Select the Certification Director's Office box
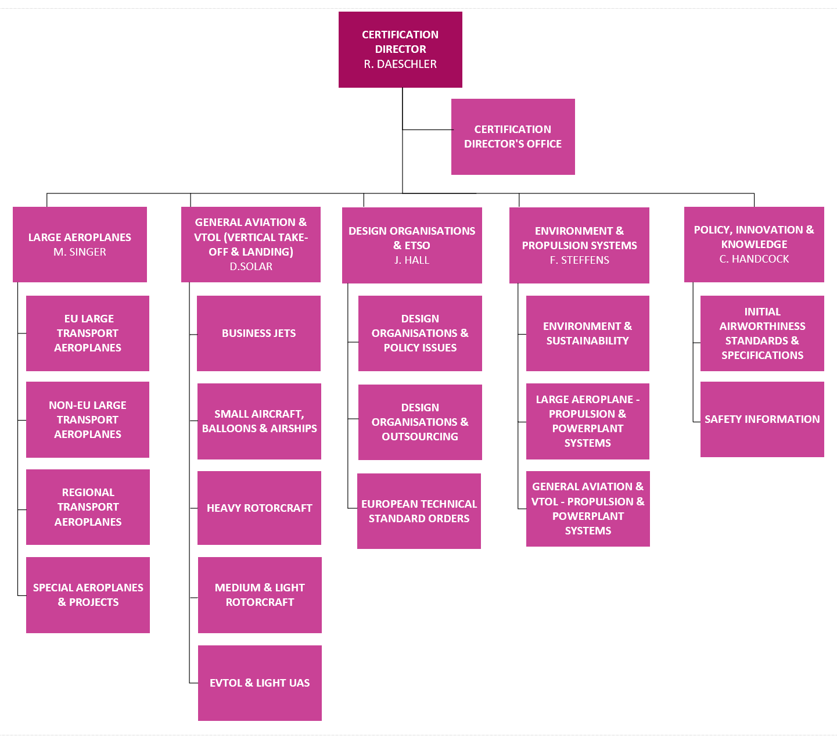tap(513, 137)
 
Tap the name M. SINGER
tap(80, 252)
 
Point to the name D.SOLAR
tap(251, 267)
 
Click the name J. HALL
tap(412, 260)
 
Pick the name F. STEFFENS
tap(579, 260)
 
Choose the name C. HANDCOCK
tap(754, 259)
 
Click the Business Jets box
tap(258, 333)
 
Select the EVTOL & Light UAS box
tap(260, 683)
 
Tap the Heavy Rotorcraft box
tap(259, 508)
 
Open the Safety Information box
tap(762, 419)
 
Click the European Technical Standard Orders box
tap(419, 511)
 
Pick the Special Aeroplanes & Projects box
tap(88, 595)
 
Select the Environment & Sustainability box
tap(587, 333)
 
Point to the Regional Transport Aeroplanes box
tap(88, 507)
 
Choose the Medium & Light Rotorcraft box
tap(260, 595)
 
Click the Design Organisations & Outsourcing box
tap(420, 422)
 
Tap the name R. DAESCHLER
tap(400, 64)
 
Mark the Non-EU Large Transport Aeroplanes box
tap(88, 419)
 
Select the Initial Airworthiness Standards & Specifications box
tap(762, 333)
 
